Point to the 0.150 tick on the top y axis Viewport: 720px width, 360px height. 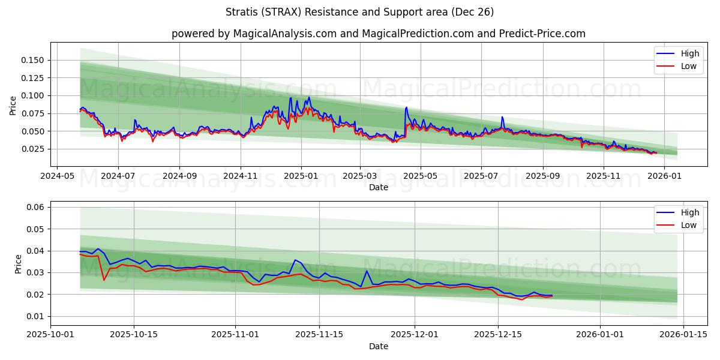[32, 60]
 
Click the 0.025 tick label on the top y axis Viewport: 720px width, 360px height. [32, 149]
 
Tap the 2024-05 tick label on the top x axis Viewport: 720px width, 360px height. [57, 176]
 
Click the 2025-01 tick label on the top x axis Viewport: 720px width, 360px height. [301, 176]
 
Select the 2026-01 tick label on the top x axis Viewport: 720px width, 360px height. [665, 176]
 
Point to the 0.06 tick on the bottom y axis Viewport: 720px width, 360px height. [37, 207]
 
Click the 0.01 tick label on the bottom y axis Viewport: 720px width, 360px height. [37, 316]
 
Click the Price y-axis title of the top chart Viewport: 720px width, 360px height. [13, 106]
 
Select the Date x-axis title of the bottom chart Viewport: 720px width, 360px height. [378, 346]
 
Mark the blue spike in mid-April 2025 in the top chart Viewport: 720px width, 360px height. [406, 108]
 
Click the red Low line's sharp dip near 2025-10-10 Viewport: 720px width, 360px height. [104, 280]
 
